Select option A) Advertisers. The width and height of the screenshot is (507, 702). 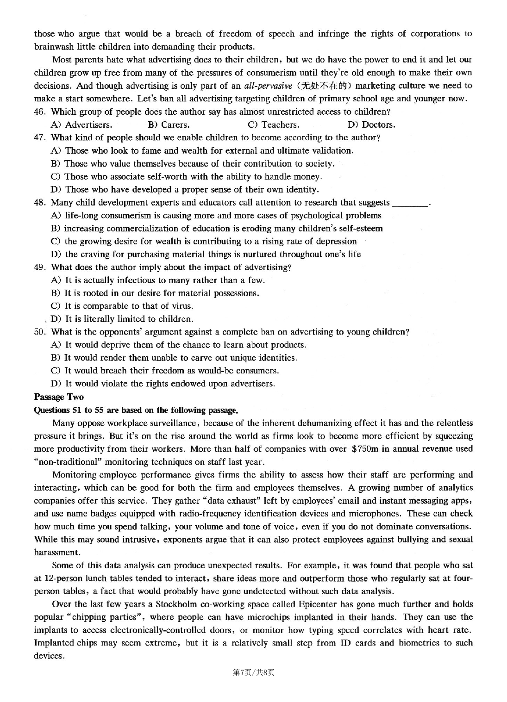click(x=81, y=124)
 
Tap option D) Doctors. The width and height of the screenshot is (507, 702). click(x=371, y=124)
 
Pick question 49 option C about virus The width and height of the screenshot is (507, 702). click(x=122, y=306)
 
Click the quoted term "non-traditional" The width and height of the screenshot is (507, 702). click(x=68, y=461)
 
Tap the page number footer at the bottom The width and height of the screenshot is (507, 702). click(x=253, y=672)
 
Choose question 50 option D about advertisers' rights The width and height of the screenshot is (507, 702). click(x=163, y=384)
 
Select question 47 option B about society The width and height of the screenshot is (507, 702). click(x=193, y=163)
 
